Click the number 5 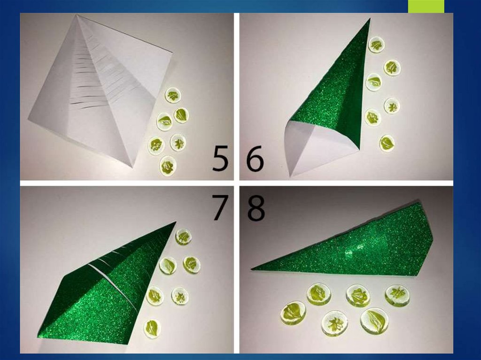click(x=220, y=159)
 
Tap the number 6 click(x=255, y=159)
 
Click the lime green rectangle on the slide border click(x=426, y=7)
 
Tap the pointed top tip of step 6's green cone click(x=370, y=19)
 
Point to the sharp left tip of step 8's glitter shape click(x=252, y=269)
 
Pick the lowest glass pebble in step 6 click(x=387, y=143)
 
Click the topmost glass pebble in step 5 click(x=173, y=96)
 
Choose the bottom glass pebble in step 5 click(x=168, y=166)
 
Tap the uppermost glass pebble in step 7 click(x=184, y=237)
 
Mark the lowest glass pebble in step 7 click(x=153, y=329)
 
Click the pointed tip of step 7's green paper click(x=176, y=222)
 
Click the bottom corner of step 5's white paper click(x=132, y=166)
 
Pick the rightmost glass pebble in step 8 click(x=397, y=295)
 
